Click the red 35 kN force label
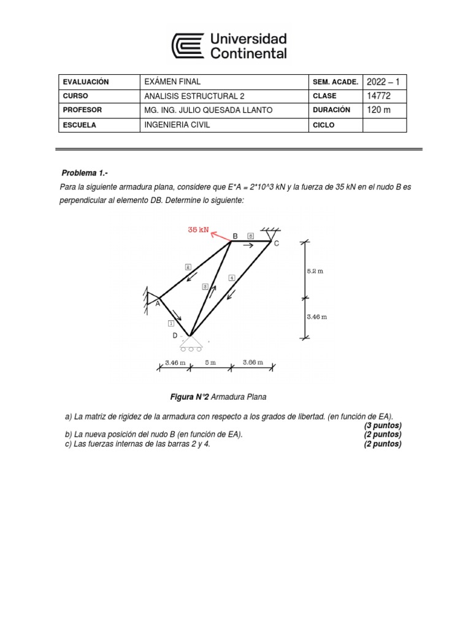click(x=198, y=230)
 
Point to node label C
click(x=276, y=243)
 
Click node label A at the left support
click(x=157, y=303)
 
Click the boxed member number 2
click(x=188, y=267)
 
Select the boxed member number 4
click(x=231, y=278)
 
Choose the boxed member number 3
click(x=205, y=286)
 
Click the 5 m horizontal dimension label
click(x=210, y=362)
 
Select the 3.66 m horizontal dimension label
click(x=253, y=362)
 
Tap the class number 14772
click(x=378, y=96)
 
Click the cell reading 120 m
click(x=378, y=110)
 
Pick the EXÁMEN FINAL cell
click(x=172, y=82)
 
